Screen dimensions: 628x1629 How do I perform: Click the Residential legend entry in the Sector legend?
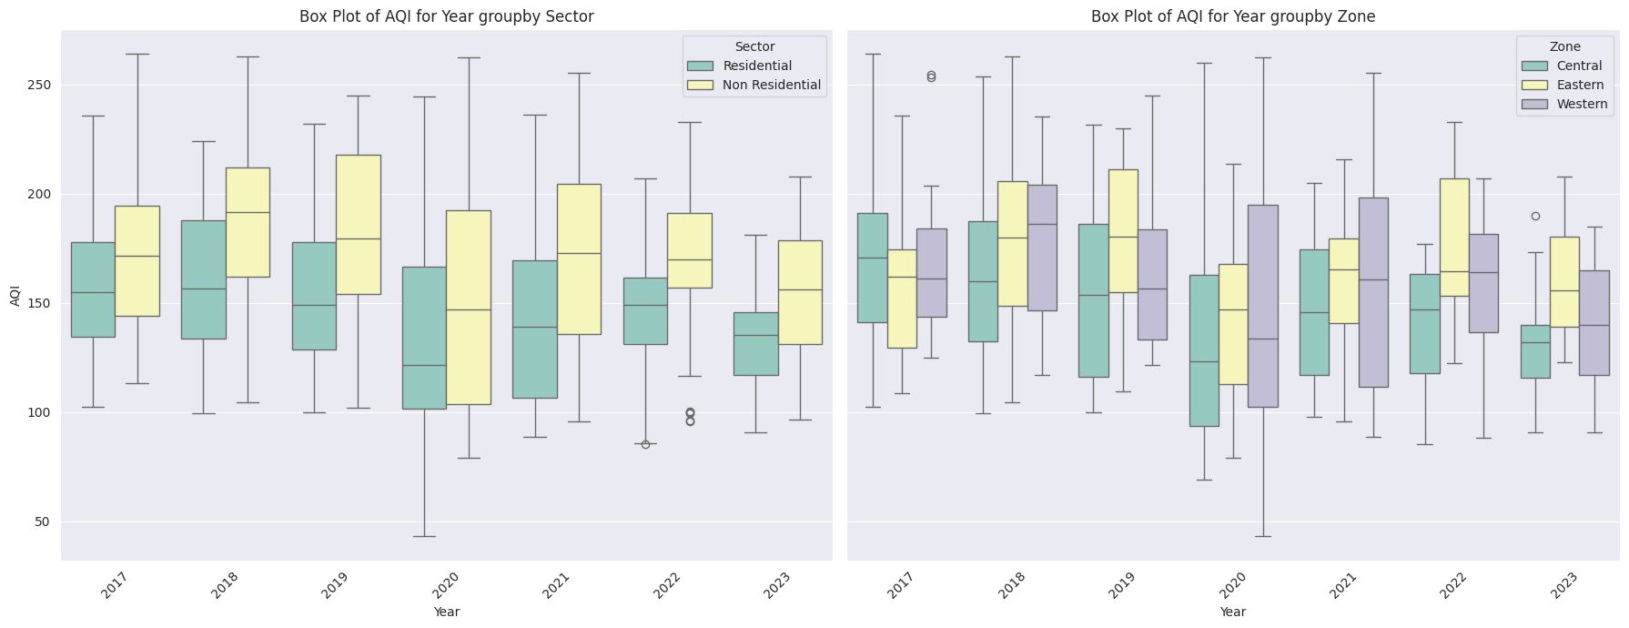tap(757, 66)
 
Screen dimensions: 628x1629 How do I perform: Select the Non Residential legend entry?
tap(772, 85)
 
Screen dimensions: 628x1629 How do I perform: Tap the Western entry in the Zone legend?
tap(1582, 104)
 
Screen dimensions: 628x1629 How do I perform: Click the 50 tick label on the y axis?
tap(42, 522)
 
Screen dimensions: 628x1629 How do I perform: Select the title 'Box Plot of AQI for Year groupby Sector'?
tap(447, 16)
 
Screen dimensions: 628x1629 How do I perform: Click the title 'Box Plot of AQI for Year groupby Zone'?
tap(1233, 16)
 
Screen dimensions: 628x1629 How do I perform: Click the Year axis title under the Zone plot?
tap(1233, 612)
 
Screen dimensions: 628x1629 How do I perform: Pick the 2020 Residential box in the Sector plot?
tap(425, 338)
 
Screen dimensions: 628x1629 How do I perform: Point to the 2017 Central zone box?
tap(873, 268)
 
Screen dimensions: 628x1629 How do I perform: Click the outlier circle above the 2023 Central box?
tap(1535, 217)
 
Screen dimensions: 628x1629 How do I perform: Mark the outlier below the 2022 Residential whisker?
tap(646, 444)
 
